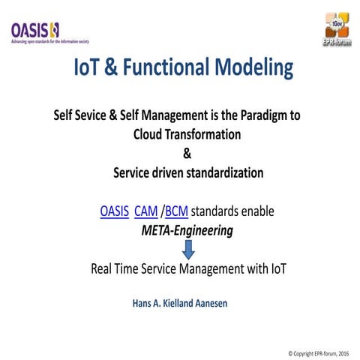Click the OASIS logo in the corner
(x=34, y=30)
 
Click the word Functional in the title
(x=162, y=69)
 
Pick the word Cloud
(x=150, y=135)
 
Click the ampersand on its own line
(x=187, y=154)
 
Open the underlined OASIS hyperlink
(x=114, y=211)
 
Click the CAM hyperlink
(x=146, y=211)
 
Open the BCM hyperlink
(x=176, y=211)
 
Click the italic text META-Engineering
(x=187, y=230)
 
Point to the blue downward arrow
(x=187, y=249)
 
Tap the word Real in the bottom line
(x=103, y=268)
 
